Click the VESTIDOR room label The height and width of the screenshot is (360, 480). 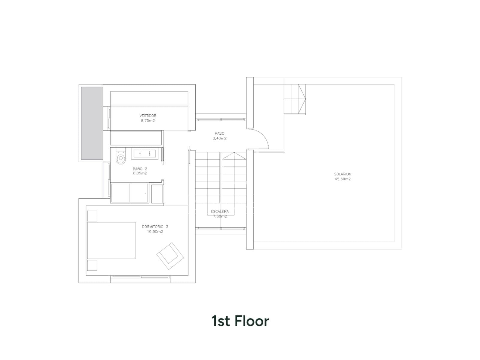148,115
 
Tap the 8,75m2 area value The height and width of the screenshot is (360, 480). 148,121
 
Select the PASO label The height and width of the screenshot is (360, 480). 220,133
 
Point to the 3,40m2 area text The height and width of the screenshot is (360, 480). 220,138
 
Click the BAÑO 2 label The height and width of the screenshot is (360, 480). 140,169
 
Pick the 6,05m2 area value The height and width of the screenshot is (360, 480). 140,173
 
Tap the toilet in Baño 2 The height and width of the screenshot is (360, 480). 121,156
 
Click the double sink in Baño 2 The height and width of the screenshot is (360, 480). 145,153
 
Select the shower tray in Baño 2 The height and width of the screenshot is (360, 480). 130,193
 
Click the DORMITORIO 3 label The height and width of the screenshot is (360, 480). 155,227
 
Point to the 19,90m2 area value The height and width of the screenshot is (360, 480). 155,232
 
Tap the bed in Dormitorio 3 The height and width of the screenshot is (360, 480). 111,241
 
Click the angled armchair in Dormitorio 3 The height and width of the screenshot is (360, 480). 170,256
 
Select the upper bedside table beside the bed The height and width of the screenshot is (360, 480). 92,216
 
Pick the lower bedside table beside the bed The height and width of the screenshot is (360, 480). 92,265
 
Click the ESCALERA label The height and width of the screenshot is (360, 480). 220,211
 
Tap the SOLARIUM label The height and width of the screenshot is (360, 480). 343,174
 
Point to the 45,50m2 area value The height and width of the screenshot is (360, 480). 343,179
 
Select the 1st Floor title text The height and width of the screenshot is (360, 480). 240,321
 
